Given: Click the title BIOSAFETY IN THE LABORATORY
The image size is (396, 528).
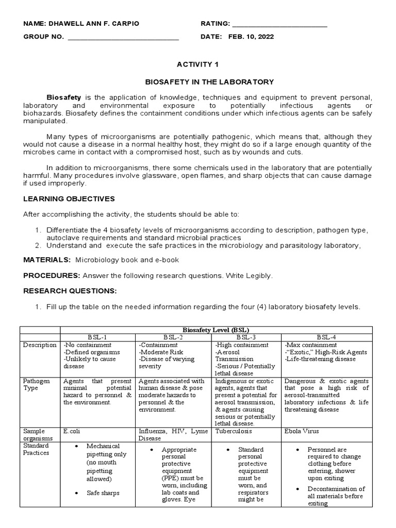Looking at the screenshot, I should coord(208,82).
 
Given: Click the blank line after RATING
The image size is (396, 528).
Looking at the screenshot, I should coord(280,25).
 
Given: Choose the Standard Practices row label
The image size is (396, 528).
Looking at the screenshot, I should coord(36,449).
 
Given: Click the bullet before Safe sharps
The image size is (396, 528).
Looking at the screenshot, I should coord(76,493).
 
